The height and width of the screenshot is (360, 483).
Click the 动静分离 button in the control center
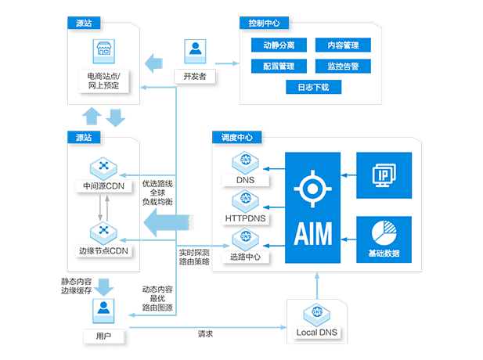click(x=279, y=45)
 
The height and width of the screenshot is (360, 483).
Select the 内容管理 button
click(x=343, y=45)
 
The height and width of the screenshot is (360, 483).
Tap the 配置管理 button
click(x=279, y=67)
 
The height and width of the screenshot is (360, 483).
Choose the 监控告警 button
click(x=343, y=67)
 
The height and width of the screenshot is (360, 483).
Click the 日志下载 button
click(x=314, y=87)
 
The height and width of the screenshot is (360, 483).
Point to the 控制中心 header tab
click(x=264, y=23)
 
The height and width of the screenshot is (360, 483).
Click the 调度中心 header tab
click(x=237, y=137)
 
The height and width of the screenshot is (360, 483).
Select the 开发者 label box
click(x=195, y=77)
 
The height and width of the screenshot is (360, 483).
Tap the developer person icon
click(x=195, y=51)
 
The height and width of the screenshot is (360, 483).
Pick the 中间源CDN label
click(x=104, y=186)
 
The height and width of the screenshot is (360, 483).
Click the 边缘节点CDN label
click(x=104, y=250)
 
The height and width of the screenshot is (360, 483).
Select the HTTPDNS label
click(x=245, y=218)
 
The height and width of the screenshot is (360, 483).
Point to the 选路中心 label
click(x=245, y=257)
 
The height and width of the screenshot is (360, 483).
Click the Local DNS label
click(x=317, y=333)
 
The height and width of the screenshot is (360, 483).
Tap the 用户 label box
click(x=103, y=336)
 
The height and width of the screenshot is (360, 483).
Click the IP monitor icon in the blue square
click(x=384, y=175)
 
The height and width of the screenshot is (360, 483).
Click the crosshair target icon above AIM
click(x=312, y=189)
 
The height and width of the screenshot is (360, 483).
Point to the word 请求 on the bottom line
click(x=205, y=334)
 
